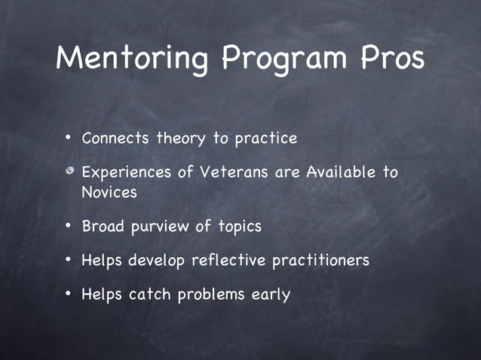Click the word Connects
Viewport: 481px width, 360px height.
coord(116,139)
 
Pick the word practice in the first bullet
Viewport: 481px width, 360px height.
coord(266,139)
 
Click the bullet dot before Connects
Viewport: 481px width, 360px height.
coord(68,139)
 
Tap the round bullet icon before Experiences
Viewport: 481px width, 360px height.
coord(69,172)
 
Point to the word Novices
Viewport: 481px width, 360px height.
coord(109,192)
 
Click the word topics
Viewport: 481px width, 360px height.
coord(239,227)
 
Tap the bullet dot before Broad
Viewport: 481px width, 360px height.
coord(68,225)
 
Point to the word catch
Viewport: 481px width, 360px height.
coord(150,294)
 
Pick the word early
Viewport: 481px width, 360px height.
coord(270,294)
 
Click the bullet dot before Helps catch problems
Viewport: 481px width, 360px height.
coord(68,293)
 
